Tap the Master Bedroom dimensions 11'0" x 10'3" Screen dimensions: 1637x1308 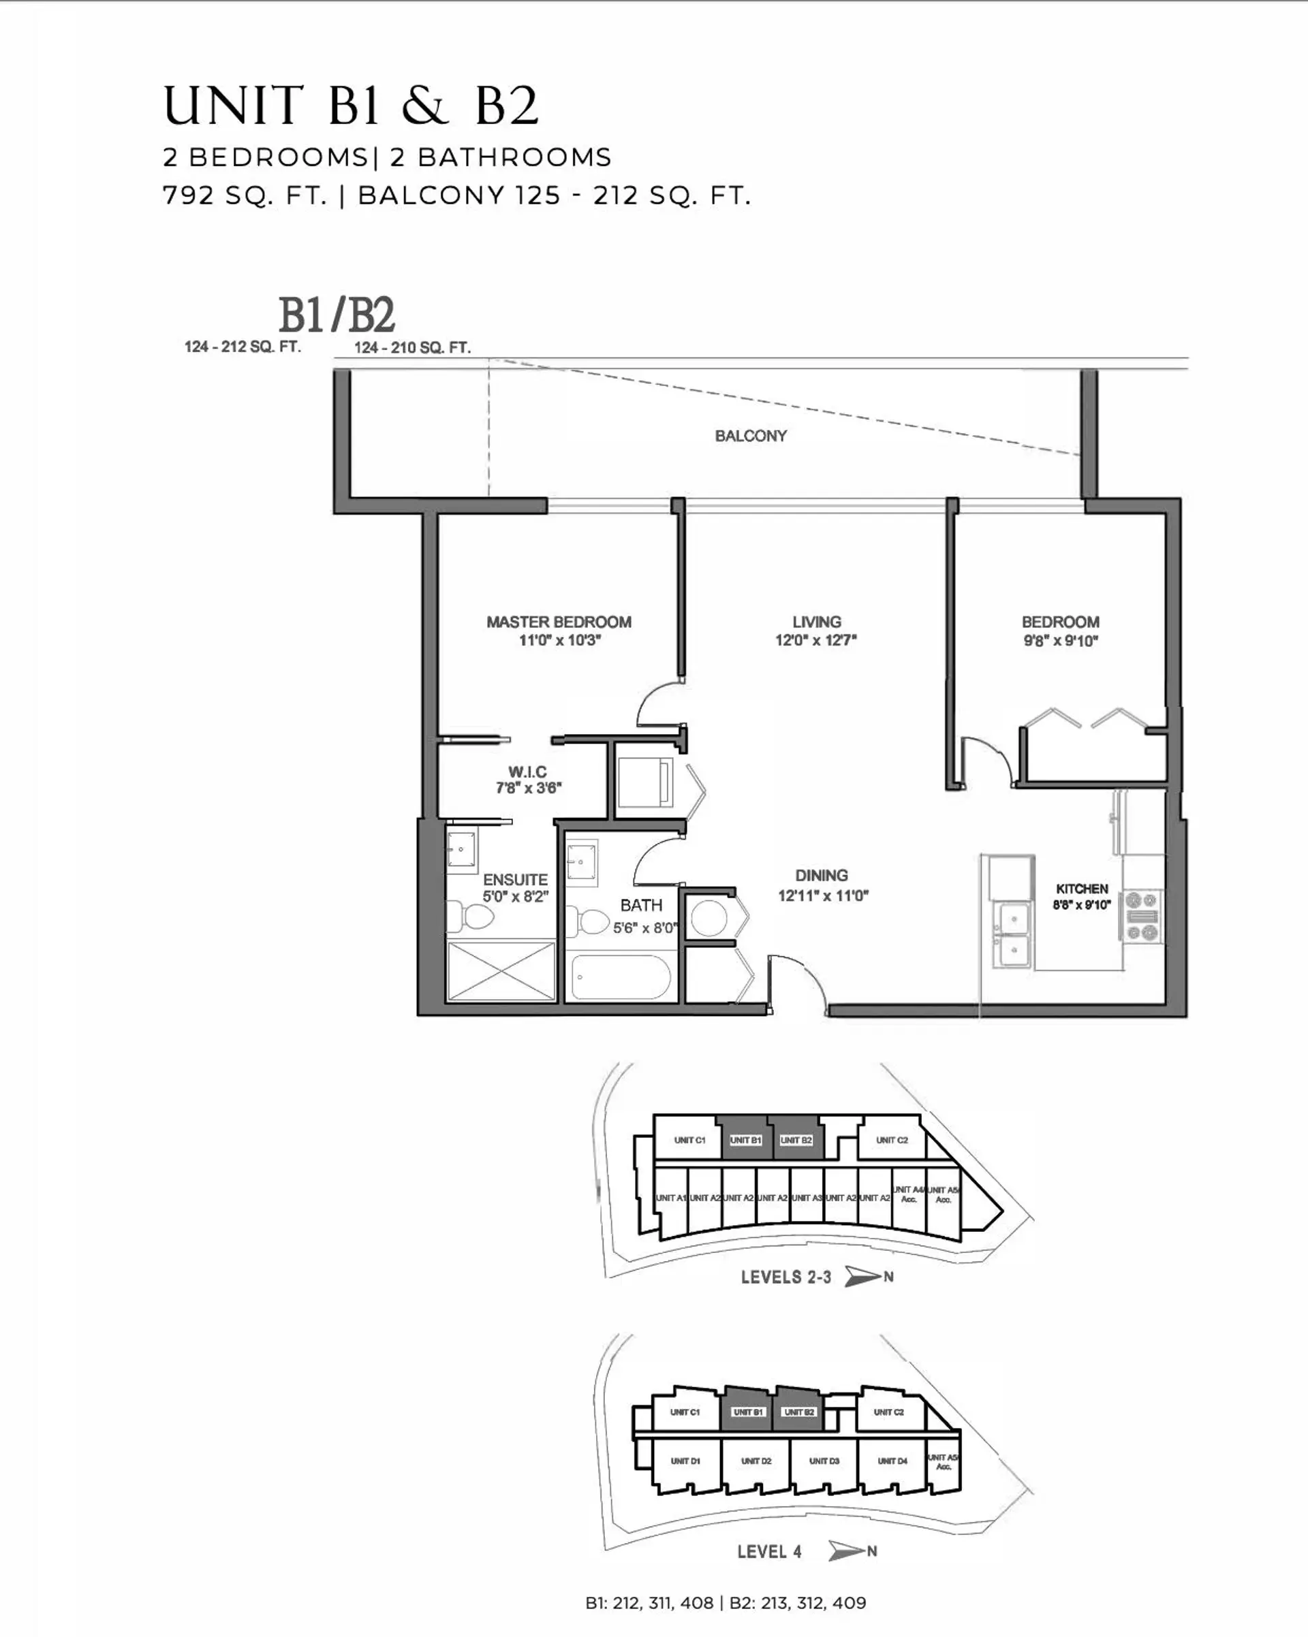(x=559, y=640)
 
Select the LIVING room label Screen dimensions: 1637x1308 (x=817, y=622)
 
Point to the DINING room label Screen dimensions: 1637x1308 (x=821, y=876)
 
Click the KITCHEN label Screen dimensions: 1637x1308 (x=1082, y=889)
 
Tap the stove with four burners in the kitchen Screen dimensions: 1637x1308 (x=1142, y=917)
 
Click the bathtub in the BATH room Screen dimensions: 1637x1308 (x=621, y=977)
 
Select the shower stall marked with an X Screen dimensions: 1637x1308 (x=501, y=971)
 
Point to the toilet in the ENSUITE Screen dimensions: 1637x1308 (x=470, y=917)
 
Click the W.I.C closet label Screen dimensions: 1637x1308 (x=527, y=772)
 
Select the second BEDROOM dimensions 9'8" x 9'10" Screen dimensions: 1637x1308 (x=1061, y=641)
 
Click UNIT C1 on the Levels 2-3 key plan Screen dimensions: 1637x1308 (x=689, y=1140)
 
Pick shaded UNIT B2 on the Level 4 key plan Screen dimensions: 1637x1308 (x=798, y=1412)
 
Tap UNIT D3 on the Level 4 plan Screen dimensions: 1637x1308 (x=824, y=1461)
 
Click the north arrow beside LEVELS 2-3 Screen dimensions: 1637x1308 (x=864, y=1276)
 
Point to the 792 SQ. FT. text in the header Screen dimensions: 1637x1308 (x=245, y=196)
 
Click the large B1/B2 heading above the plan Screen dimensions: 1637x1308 (x=337, y=315)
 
